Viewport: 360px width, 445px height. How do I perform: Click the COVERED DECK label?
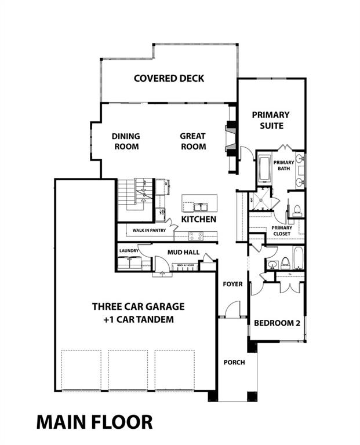pos(169,78)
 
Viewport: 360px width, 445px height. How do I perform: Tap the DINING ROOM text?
pos(126,141)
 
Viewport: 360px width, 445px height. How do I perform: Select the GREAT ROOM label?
pos(192,141)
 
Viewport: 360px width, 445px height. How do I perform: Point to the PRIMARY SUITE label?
pos(271,120)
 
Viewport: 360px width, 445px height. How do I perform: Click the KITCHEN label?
pos(199,220)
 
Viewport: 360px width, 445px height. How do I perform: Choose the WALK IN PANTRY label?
pos(149,230)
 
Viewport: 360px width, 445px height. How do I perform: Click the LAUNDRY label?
pos(128,251)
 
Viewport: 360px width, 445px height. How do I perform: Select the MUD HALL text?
pos(183,252)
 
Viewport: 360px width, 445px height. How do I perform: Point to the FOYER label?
pos(233,284)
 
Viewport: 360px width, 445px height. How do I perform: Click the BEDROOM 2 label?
pos(277,323)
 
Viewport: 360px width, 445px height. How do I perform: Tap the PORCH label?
pos(234,362)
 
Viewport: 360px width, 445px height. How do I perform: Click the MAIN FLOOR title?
pos(94,422)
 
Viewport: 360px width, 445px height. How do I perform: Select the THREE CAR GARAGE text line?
pos(138,307)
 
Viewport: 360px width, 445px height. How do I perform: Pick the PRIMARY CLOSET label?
pos(282,231)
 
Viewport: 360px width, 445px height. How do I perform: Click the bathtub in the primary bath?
pos(264,170)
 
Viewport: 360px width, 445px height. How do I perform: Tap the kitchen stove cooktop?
pos(195,236)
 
